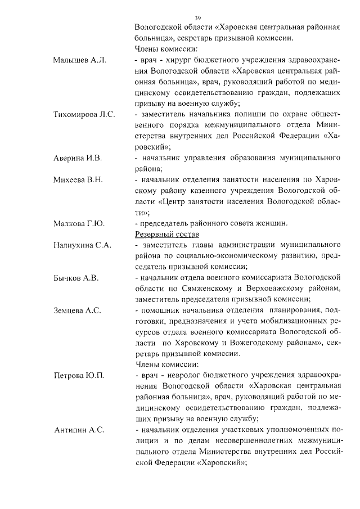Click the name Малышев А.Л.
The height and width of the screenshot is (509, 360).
(x=79, y=60)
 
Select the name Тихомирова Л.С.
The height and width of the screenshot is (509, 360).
(x=84, y=114)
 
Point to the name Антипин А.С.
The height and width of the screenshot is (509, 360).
(x=79, y=430)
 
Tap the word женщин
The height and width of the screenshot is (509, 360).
(x=272, y=223)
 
